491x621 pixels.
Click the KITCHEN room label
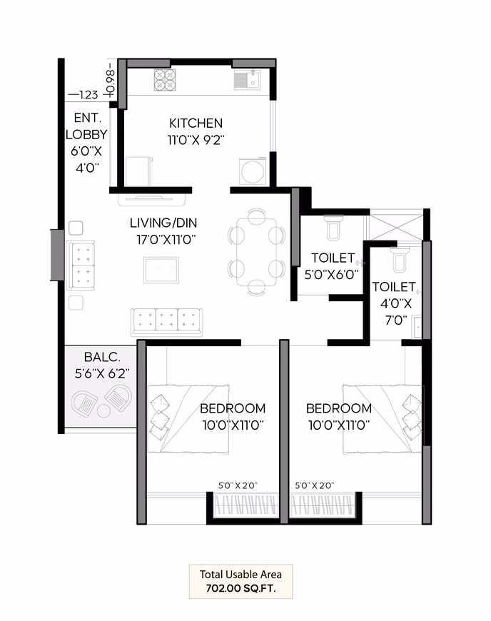pyautogui.click(x=196, y=123)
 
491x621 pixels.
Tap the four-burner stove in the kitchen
pyautogui.click(x=165, y=80)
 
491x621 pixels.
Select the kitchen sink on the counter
pyautogui.click(x=247, y=80)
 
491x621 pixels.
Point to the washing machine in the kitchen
pyautogui.click(x=253, y=171)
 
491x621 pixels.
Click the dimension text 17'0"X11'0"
pyautogui.click(x=166, y=240)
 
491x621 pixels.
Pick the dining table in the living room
pyautogui.click(x=257, y=252)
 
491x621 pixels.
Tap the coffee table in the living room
pyautogui.click(x=161, y=270)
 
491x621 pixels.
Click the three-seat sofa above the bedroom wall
pyautogui.click(x=167, y=322)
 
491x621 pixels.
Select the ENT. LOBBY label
pyautogui.click(x=86, y=126)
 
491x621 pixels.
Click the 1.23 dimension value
pyautogui.click(x=88, y=95)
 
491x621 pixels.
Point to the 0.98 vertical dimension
pyautogui.click(x=111, y=82)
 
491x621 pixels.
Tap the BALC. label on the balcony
pyautogui.click(x=102, y=357)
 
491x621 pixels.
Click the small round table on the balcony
pyautogui.click(x=103, y=410)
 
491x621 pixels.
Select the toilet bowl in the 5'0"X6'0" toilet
pyautogui.click(x=333, y=228)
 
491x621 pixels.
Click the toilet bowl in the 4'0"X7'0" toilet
pyautogui.click(x=399, y=260)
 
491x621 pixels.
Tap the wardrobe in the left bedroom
pyautogui.click(x=246, y=505)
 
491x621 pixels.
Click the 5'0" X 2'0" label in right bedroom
pyautogui.click(x=315, y=485)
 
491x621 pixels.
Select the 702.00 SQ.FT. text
pyautogui.click(x=241, y=589)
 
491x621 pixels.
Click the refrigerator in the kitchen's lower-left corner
pyautogui.click(x=138, y=171)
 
